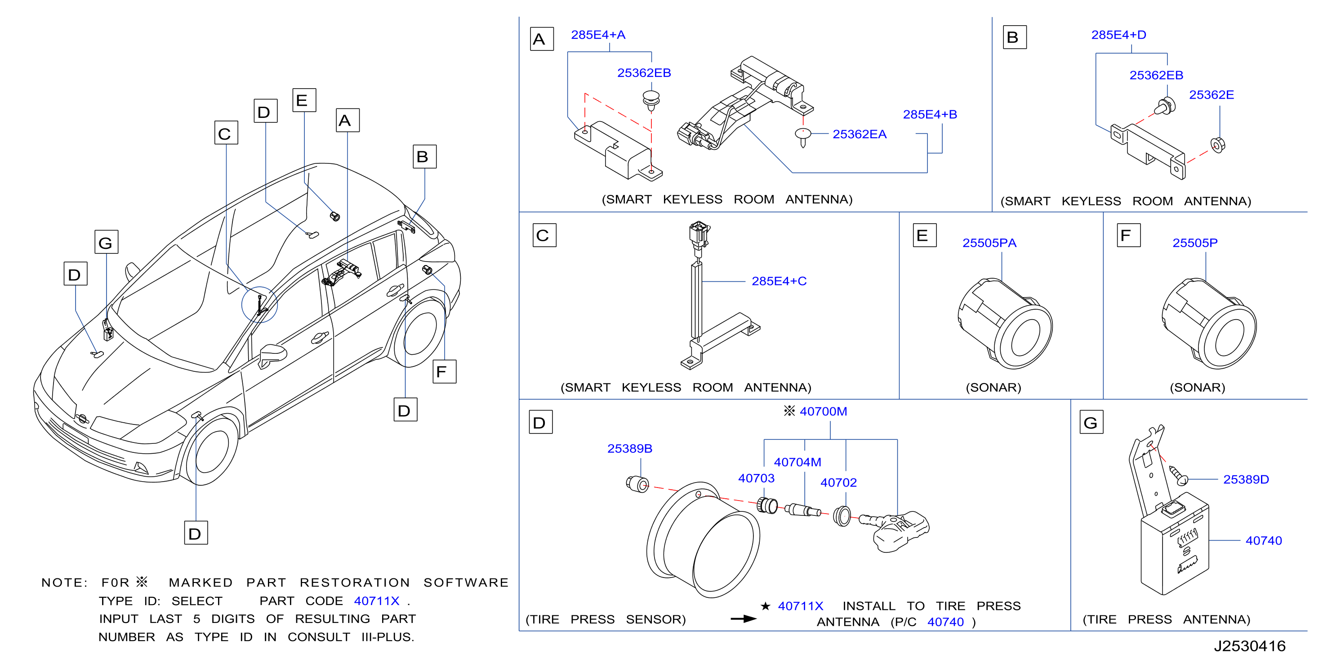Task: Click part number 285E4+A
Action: [x=598, y=35]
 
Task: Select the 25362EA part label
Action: [x=860, y=135]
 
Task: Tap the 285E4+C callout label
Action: [x=779, y=281]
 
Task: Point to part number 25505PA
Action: [x=989, y=243]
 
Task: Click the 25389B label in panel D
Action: [x=629, y=449]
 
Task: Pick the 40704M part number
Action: [x=797, y=462]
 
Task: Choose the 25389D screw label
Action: [x=1246, y=479]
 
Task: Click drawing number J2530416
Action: [x=1249, y=646]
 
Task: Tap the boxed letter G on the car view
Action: [x=106, y=242]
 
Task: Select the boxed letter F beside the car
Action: [x=445, y=371]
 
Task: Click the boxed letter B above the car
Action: [x=425, y=156]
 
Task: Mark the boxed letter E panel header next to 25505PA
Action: [x=925, y=235]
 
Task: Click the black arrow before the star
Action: [x=744, y=619]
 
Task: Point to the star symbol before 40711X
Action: [x=765, y=606]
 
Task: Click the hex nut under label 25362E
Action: [x=1218, y=144]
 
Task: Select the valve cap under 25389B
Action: [x=637, y=484]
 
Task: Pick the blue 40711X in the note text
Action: [x=376, y=601]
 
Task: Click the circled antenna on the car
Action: [x=260, y=305]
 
